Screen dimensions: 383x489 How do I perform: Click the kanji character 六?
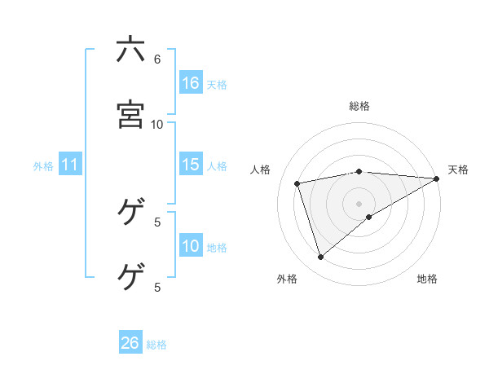coord(130,51)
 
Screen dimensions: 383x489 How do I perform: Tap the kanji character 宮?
coord(130,115)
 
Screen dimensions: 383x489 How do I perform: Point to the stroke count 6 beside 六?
coord(157,59)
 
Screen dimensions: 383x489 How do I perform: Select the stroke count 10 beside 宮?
coord(157,124)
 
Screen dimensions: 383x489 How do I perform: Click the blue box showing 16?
coord(191,83)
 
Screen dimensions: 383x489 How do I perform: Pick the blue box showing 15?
coord(191,165)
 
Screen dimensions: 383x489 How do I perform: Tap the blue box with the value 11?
coord(70,165)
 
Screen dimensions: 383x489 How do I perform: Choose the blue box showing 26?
coord(130,343)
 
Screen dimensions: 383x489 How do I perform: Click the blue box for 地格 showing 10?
coord(191,246)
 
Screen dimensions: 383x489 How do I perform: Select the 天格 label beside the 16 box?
coord(217,84)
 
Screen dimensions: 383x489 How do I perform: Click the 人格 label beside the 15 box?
coord(217,165)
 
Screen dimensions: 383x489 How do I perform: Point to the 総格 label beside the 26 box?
coord(156,344)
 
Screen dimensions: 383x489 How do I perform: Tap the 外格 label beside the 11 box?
coord(43,165)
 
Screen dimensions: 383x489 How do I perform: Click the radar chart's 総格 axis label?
coord(359,106)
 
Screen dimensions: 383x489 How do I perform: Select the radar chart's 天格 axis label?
coord(458,169)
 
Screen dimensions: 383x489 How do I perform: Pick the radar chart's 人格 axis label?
coord(261,169)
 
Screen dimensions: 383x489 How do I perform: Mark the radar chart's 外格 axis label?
coord(287,279)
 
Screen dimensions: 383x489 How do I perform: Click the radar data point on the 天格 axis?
coord(437,178)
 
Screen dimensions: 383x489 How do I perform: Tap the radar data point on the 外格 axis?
coord(320,258)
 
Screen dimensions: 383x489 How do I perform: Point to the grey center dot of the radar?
coord(359,203)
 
